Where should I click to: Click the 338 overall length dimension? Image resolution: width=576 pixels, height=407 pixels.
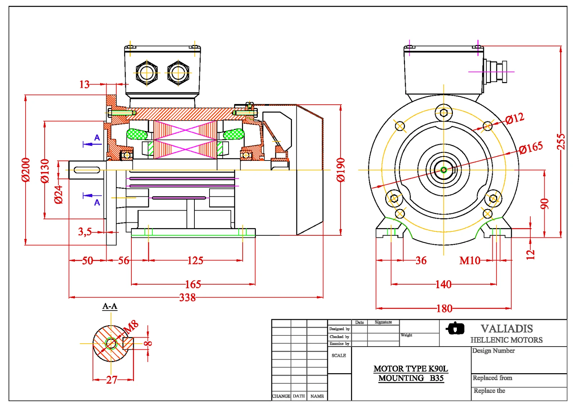188,298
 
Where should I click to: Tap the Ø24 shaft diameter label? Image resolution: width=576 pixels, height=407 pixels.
58,195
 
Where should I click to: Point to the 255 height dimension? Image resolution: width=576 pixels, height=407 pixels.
561,141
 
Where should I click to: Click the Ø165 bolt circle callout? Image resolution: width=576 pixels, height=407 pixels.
531,147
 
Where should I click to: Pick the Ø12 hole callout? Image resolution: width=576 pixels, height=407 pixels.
514,118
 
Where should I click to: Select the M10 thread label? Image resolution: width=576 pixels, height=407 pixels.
470,260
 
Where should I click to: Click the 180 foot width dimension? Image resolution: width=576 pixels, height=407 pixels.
444,308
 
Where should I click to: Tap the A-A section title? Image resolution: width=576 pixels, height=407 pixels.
110,306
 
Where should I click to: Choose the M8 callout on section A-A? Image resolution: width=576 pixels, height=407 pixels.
131,326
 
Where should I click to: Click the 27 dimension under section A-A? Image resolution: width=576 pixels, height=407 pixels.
112,380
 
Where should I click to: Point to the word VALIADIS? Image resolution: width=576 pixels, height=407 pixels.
507,329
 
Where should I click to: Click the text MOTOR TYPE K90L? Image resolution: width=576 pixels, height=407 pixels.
410,368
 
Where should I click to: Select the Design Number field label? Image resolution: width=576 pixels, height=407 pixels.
493,351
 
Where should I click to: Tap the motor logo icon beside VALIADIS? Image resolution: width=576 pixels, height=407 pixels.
455,328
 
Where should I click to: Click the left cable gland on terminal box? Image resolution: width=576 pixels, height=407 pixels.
147,73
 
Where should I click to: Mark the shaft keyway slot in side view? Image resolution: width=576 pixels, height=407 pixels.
87,170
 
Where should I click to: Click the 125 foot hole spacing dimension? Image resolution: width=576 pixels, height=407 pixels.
195,260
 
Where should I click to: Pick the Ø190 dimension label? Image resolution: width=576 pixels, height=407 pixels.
341,170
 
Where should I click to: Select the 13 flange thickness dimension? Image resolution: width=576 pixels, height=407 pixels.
84,84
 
